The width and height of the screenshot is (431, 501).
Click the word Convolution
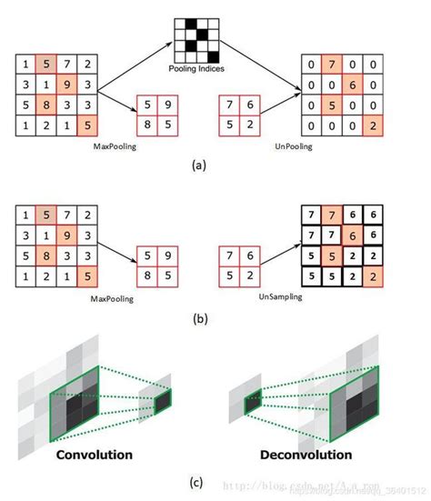point(93,455)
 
